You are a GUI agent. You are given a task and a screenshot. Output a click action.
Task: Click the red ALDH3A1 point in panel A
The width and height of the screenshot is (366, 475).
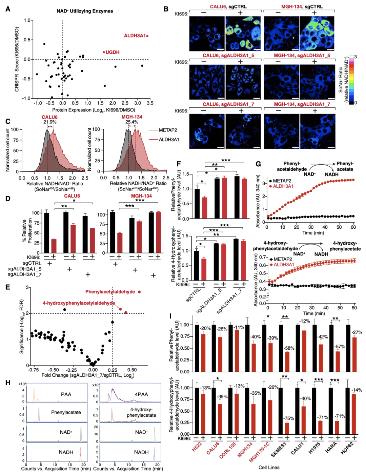[x=147, y=36]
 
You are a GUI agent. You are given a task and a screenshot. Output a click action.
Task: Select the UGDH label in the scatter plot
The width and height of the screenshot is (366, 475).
[x=113, y=52]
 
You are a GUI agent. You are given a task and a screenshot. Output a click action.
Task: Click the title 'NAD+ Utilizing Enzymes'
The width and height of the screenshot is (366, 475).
[x=85, y=11]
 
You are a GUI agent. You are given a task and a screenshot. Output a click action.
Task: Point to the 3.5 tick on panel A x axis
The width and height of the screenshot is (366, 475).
[x=150, y=103]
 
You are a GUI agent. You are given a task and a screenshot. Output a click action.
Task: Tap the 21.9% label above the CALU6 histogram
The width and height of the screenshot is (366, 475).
[x=50, y=122]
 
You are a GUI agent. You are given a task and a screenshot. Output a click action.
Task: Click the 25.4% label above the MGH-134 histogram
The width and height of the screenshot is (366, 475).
[x=132, y=122]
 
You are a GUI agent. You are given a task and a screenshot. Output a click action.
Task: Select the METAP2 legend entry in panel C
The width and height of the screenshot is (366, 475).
[x=168, y=130]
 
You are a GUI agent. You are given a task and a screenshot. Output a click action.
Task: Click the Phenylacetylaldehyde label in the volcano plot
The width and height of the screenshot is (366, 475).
[x=110, y=292]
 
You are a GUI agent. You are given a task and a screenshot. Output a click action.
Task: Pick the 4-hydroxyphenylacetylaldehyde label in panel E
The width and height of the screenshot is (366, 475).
[x=79, y=303]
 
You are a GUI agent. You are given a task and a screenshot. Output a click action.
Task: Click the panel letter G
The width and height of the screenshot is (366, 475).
[x=258, y=164]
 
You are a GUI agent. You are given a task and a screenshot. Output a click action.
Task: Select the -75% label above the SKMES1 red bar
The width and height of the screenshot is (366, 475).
[x=288, y=418]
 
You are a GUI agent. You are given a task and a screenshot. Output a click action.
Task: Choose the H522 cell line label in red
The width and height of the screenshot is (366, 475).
[x=197, y=447]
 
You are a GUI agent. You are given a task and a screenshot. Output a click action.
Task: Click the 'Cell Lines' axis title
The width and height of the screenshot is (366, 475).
[x=269, y=467]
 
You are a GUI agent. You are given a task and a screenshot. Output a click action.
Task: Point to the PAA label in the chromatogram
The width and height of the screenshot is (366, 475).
[x=66, y=394]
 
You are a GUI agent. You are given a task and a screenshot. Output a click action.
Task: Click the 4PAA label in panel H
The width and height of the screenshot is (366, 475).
[x=141, y=394]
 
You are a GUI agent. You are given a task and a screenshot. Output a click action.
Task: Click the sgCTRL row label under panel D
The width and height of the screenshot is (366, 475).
[x=32, y=263]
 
